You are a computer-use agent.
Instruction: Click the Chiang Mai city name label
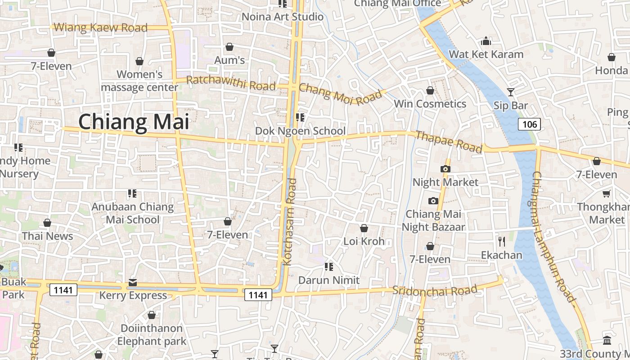[134, 122]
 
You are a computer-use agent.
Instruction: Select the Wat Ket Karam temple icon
[486, 41]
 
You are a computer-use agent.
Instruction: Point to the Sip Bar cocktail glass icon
[510, 92]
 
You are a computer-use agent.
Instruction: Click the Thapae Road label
[448, 142]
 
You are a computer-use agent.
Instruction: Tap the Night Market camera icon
[445, 169]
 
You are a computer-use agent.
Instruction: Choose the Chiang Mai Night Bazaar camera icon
[433, 201]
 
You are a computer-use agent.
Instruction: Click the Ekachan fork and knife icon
[501, 242]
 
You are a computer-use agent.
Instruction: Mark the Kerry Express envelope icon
[133, 282]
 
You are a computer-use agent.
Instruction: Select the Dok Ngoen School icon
[300, 117]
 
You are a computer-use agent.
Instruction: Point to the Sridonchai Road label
[435, 290]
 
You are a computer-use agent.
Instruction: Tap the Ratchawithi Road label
[230, 83]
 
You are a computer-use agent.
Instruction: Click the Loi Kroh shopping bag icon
[364, 228]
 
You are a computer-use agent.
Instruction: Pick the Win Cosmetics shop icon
[430, 90]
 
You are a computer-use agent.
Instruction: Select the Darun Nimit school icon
[329, 267]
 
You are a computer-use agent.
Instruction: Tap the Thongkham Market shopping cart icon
[606, 193]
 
